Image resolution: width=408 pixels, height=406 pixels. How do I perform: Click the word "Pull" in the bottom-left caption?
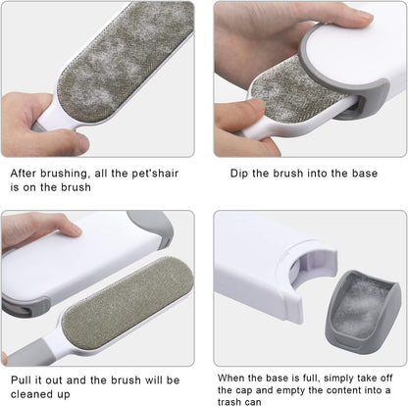click(x=25, y=379)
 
